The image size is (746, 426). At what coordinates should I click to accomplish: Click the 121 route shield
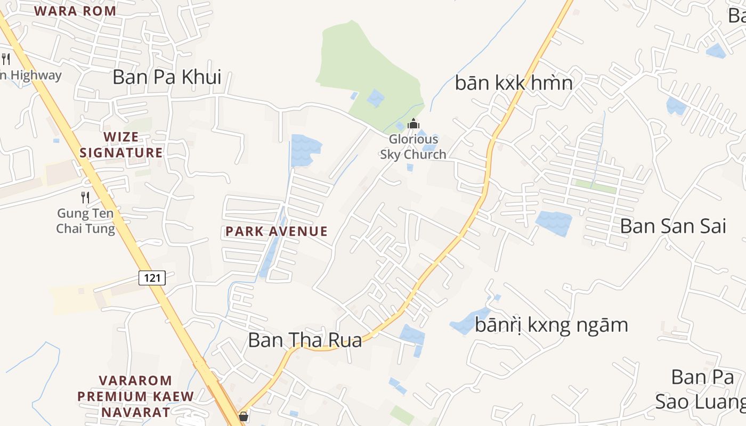pyautogui.click(x=152, y=277)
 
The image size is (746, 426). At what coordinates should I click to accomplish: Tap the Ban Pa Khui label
pyautogui.click(x=167, y=77)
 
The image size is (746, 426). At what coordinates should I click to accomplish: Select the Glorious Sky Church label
pyautogui.click(x=413, y=147)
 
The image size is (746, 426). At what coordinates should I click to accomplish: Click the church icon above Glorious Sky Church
pyautogui.click(x=413, y=124)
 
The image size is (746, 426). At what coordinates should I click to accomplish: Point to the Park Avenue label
pyautogui.click(x=276, y=231)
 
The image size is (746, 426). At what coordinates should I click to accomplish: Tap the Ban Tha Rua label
pyautogui.click(x=305, y=340)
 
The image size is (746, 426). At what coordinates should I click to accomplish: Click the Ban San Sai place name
pyautogui.click(x=673, y=226)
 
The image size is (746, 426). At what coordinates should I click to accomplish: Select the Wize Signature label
pyautogui.click(x=121, y=145)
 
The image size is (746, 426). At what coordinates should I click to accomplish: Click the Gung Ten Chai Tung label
pyautogui.click(x=86, y=222)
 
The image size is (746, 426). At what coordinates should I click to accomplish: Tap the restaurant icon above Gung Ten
pyautogui.click(x=85, y=198)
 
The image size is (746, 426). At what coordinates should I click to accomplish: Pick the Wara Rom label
pyautogui.click(x=75, y=11)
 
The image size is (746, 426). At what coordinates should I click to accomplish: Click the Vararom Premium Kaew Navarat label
pyautogui.click(x=135, y=396)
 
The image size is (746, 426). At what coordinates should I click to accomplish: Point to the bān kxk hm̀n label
pyautogui.click(x=514, y=83)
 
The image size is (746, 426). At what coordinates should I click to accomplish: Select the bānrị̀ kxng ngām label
pyautogui.click(x=551, y=325)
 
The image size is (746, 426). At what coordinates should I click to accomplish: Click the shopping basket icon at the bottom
pyautogui.click(x=244, y=416)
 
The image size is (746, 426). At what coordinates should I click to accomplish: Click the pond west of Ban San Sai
pyautogui.click(x=554, y=223)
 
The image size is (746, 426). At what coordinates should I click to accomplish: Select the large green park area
pyautogui.click(x=368, y=69)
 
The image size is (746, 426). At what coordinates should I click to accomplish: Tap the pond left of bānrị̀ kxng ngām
pyautogui.click(x=466, y=322)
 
